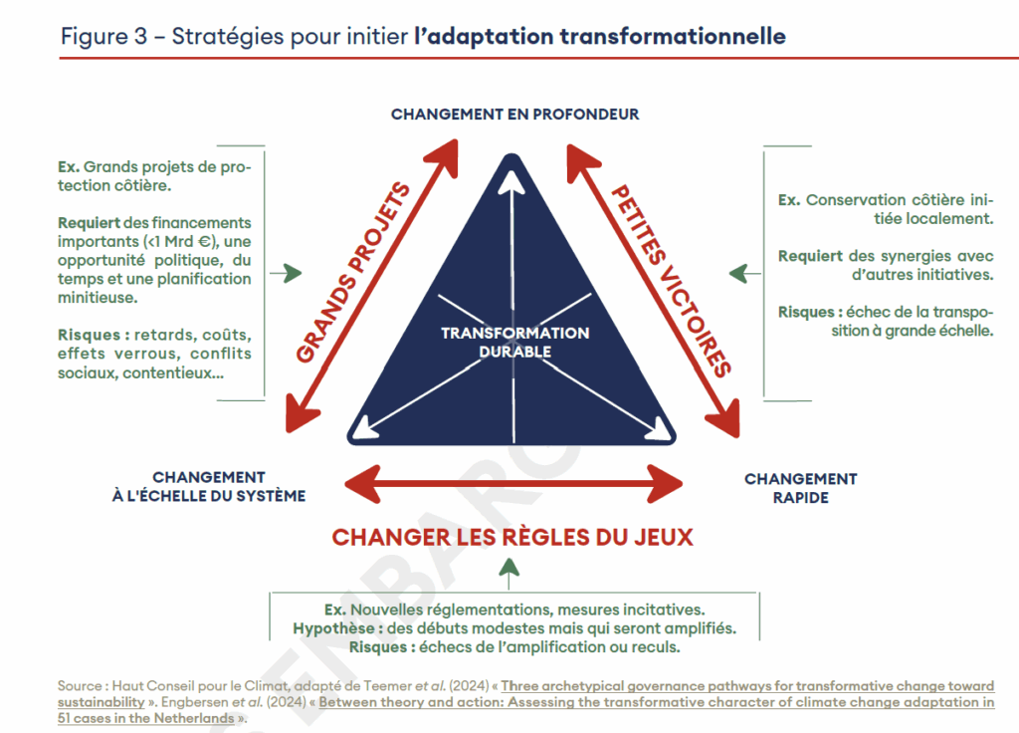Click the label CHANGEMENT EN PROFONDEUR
(x=514, y=115)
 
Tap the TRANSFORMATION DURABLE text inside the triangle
(x=514, y=342)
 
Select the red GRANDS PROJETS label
(x=353, y=272)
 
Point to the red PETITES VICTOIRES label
(x=671, y=280)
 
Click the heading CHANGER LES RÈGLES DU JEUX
(x=512, y=538)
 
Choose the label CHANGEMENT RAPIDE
(x=800, y=488)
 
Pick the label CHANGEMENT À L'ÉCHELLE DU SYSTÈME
(x=209, y=487)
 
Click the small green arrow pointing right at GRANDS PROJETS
(x=292, y=273)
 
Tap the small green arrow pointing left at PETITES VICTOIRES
(x=737, y=273)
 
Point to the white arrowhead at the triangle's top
(x=511, y=182)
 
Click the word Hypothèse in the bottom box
(x=329, y=628)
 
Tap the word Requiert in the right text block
(x=810, y=256)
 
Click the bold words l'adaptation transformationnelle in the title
(x=600, y=37)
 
